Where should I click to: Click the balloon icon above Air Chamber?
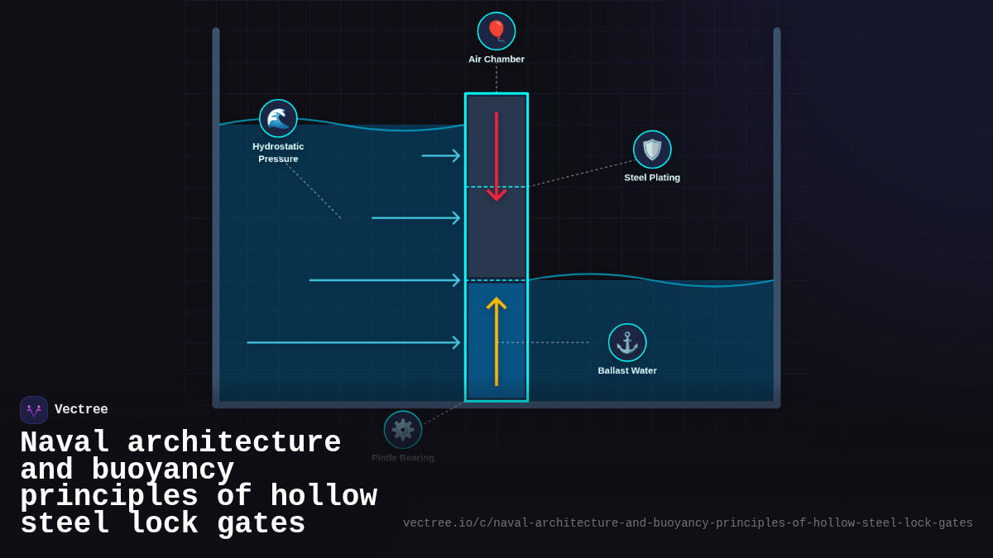coord(496,31)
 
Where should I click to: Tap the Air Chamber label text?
coord(496,60)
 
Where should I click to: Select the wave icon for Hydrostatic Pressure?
coord(278,118)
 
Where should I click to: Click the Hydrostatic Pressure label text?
coord(278,152)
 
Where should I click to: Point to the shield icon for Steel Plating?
coord(652,150)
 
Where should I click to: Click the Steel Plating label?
coord(652,178)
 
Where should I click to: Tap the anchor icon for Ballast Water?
coord(627,342)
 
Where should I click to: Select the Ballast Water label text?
coord(627,370)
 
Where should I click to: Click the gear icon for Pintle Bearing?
coord(403,430)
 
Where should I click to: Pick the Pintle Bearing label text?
coord(403,458)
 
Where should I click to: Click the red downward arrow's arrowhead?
coord(496,195)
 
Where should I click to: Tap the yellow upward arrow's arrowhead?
coord(496,303)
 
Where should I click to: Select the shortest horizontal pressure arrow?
coord(440,155)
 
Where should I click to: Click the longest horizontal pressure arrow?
coord(353,342)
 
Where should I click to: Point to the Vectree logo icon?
coord(34,410)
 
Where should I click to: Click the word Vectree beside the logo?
coord(81,410)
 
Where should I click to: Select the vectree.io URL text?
coord(688,523)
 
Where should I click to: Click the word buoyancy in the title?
coord(163,470)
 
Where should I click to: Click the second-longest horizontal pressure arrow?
coord(384,280)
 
